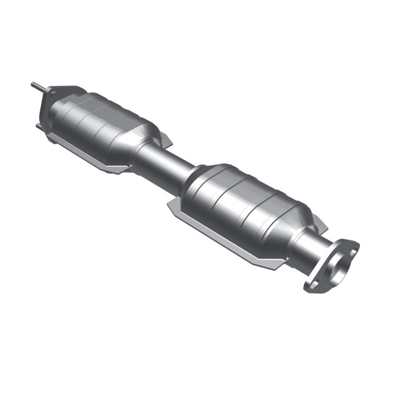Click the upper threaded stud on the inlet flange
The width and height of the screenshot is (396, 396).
pyautogui.click(x=36, y=87)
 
